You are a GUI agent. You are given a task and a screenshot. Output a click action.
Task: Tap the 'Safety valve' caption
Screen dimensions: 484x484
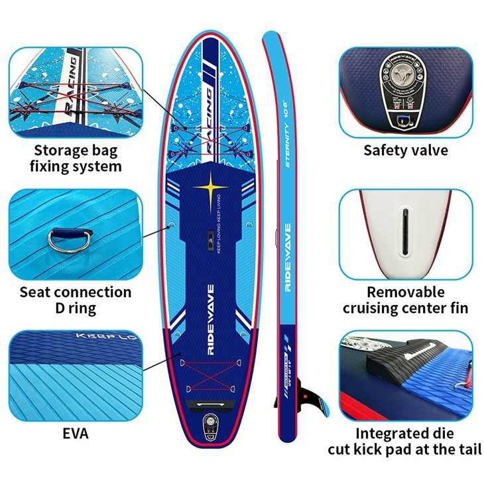pyautogui.click(x=405, y=151)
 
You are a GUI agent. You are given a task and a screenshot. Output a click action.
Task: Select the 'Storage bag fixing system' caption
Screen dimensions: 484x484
pyautogui.click(x=75, y=158)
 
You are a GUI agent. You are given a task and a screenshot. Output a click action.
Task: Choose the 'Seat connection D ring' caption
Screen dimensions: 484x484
pyautogui.click(x=75, y=300)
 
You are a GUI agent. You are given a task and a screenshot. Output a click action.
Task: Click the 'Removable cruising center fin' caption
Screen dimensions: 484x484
pyautogui.click(x=405, y=300)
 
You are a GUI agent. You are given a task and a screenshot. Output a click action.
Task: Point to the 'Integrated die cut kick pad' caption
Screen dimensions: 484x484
pyautogui.click(x=405, y=442)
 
